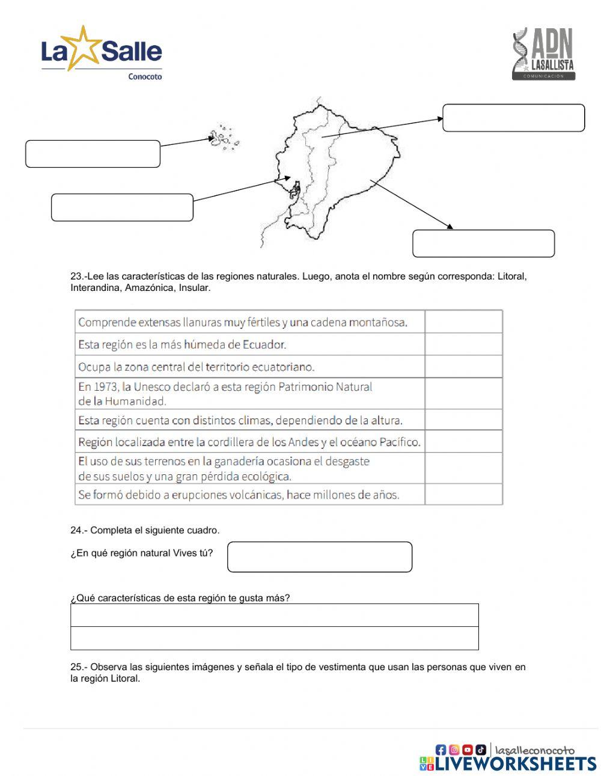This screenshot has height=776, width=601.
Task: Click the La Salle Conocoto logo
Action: point(102,53)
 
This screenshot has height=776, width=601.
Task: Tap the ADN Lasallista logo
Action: point(544,54)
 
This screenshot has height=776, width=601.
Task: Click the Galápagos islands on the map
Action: point(224,138)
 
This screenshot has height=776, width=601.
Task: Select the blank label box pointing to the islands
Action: point(93,154)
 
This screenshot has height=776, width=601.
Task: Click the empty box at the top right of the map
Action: point(513,118)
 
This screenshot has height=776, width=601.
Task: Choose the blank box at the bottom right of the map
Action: point(483,243)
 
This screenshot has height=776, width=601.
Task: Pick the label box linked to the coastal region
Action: point(122,207)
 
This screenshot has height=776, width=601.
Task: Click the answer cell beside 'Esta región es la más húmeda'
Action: point(463,344)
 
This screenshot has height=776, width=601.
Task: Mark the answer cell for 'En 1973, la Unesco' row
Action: point(463,394)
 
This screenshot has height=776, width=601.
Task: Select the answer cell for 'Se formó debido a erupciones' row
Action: point(463,495)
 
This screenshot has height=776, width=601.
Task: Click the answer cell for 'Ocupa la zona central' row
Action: point(463,367)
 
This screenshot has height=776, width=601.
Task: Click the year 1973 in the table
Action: point(106,387)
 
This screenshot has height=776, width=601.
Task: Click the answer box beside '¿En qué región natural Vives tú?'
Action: point(320,557)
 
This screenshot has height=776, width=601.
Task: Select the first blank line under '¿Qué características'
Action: point(274,616)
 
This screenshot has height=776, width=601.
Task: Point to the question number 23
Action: point(77,276)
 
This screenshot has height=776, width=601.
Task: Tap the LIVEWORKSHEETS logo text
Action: point(515,763)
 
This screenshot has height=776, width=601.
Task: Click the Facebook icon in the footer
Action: point(441,750)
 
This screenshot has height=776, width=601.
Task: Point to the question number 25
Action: point(77,667)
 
